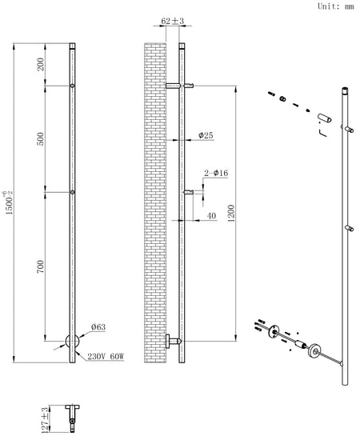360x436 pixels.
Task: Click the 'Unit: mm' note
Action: click(336, 6)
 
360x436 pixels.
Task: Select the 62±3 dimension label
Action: click(173, 21)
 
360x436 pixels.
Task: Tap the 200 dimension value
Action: click(41, 64)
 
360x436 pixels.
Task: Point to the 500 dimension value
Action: click(41, 138)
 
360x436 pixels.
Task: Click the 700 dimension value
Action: click(41, 266)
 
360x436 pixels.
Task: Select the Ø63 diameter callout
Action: click(98, 327)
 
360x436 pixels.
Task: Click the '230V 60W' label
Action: click(106, 356)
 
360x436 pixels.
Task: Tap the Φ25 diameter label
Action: click(206, 135)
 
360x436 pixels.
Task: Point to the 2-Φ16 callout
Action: click(216, 174)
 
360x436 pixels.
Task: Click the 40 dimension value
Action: click(211, 216)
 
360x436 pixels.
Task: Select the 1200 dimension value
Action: click(231, 214)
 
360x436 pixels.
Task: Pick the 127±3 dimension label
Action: click(44, 420)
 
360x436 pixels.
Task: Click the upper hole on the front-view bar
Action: click(72, 86)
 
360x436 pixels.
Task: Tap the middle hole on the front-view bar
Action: click(72, 192)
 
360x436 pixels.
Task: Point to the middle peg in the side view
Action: click(189, 192)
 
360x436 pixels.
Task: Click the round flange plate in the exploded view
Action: click(315, 350)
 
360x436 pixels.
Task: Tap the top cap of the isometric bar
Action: click(345, 90)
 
